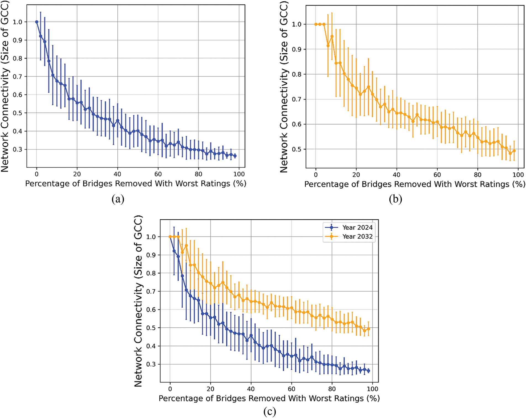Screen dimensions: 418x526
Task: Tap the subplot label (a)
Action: coord(118,199)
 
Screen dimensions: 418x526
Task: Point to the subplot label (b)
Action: coord(395,199)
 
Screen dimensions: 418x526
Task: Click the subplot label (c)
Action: coord(269,411)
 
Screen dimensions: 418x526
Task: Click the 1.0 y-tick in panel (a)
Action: coord(17,22)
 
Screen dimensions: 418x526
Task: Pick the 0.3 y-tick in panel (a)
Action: coord(17,149)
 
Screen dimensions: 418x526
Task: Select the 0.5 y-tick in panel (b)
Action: coord(297,149)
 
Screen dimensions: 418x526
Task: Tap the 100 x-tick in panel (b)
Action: coord(518,175)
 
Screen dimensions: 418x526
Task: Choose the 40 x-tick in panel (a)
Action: coord(117,174)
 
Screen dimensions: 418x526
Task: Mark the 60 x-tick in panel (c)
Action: coord(291,389)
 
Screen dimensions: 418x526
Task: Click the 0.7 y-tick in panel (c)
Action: coord(151,291)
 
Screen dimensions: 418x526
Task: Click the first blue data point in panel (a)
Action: coord(36,22)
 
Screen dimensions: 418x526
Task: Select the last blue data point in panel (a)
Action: coord(235,156)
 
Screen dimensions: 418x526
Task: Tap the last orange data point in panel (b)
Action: coord(514,151)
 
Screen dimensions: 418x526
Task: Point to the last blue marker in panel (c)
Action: coord(368,371)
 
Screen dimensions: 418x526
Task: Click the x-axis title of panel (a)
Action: coord(136,184)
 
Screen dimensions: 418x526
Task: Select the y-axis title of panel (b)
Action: coord(284,87)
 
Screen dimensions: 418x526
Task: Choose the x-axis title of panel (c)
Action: coord(269,398)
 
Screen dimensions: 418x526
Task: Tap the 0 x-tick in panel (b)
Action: coord(316,175)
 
